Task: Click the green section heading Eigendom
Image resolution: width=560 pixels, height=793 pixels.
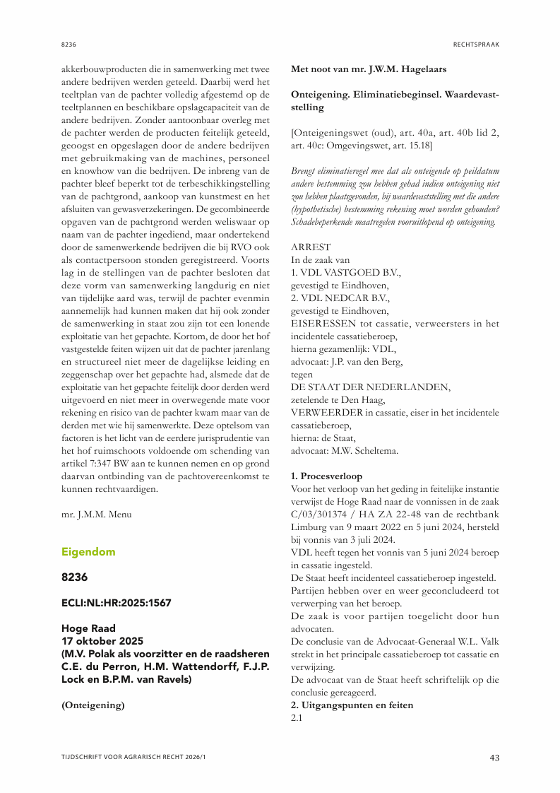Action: [x=88, y=551]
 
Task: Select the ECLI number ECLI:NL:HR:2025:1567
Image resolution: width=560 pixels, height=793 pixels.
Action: [x=116, y=603]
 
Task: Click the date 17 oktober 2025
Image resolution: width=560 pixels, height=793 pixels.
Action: [x=102, y=641]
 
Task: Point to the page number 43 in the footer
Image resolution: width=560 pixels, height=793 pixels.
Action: [x=494, y=758]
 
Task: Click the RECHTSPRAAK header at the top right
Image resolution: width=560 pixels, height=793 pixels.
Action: [x=476, y=45]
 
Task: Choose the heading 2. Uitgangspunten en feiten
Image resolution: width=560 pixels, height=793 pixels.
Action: [x=352, y=705]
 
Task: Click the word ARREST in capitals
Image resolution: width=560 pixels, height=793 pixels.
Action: [x=311, y=247]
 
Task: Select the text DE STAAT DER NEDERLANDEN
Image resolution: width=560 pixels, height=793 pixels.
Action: [x=371, y=387]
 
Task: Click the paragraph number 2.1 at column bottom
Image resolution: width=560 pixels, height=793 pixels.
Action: [x=297, y=718]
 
